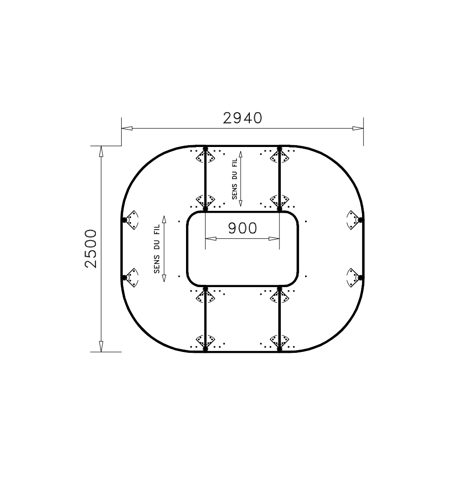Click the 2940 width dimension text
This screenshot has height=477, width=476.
click(242, 118)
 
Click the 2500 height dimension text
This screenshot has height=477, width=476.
click(91, 248)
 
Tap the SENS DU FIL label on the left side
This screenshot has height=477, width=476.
click(157, 249)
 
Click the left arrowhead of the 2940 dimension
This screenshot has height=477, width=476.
click(127, 128)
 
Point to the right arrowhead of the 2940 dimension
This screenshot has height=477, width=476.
click(358, 128)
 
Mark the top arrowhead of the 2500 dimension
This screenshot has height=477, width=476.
click(101, 152)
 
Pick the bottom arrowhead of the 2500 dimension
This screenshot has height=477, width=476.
click(101, 346)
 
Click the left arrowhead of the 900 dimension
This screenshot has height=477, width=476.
click(211, 238)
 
